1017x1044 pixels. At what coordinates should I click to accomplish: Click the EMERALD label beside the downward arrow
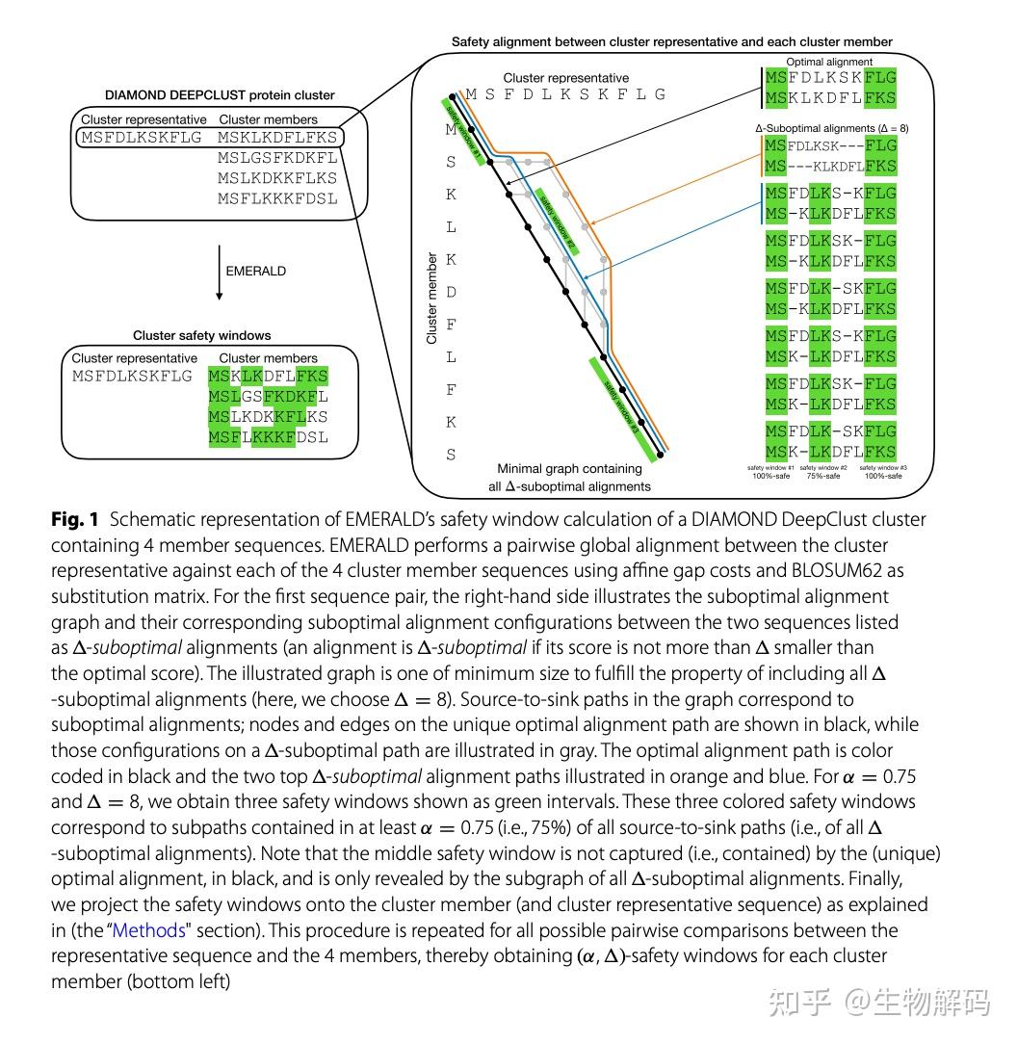tap(255, 272)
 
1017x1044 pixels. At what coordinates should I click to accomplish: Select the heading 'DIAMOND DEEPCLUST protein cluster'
tap(220, 95)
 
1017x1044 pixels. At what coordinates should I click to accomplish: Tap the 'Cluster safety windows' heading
tap(201, 335)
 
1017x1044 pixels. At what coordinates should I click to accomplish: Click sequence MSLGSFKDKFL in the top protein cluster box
tap(277, 157)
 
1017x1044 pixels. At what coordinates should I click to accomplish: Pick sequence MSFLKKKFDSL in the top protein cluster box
tap(277, 198)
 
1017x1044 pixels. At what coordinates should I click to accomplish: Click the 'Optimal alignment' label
tap(829, 63)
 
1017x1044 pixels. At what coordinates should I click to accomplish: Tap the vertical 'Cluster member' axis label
tap(431, 299)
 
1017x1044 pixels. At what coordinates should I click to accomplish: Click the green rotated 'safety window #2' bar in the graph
tap(557, 220)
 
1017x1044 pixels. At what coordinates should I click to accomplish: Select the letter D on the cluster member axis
tap(452, 292)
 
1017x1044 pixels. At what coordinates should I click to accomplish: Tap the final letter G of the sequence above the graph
tap(660, 94)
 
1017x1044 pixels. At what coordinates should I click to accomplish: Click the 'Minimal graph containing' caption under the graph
tap(569, 469)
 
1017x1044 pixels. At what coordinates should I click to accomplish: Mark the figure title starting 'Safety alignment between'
tap(671, 41)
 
